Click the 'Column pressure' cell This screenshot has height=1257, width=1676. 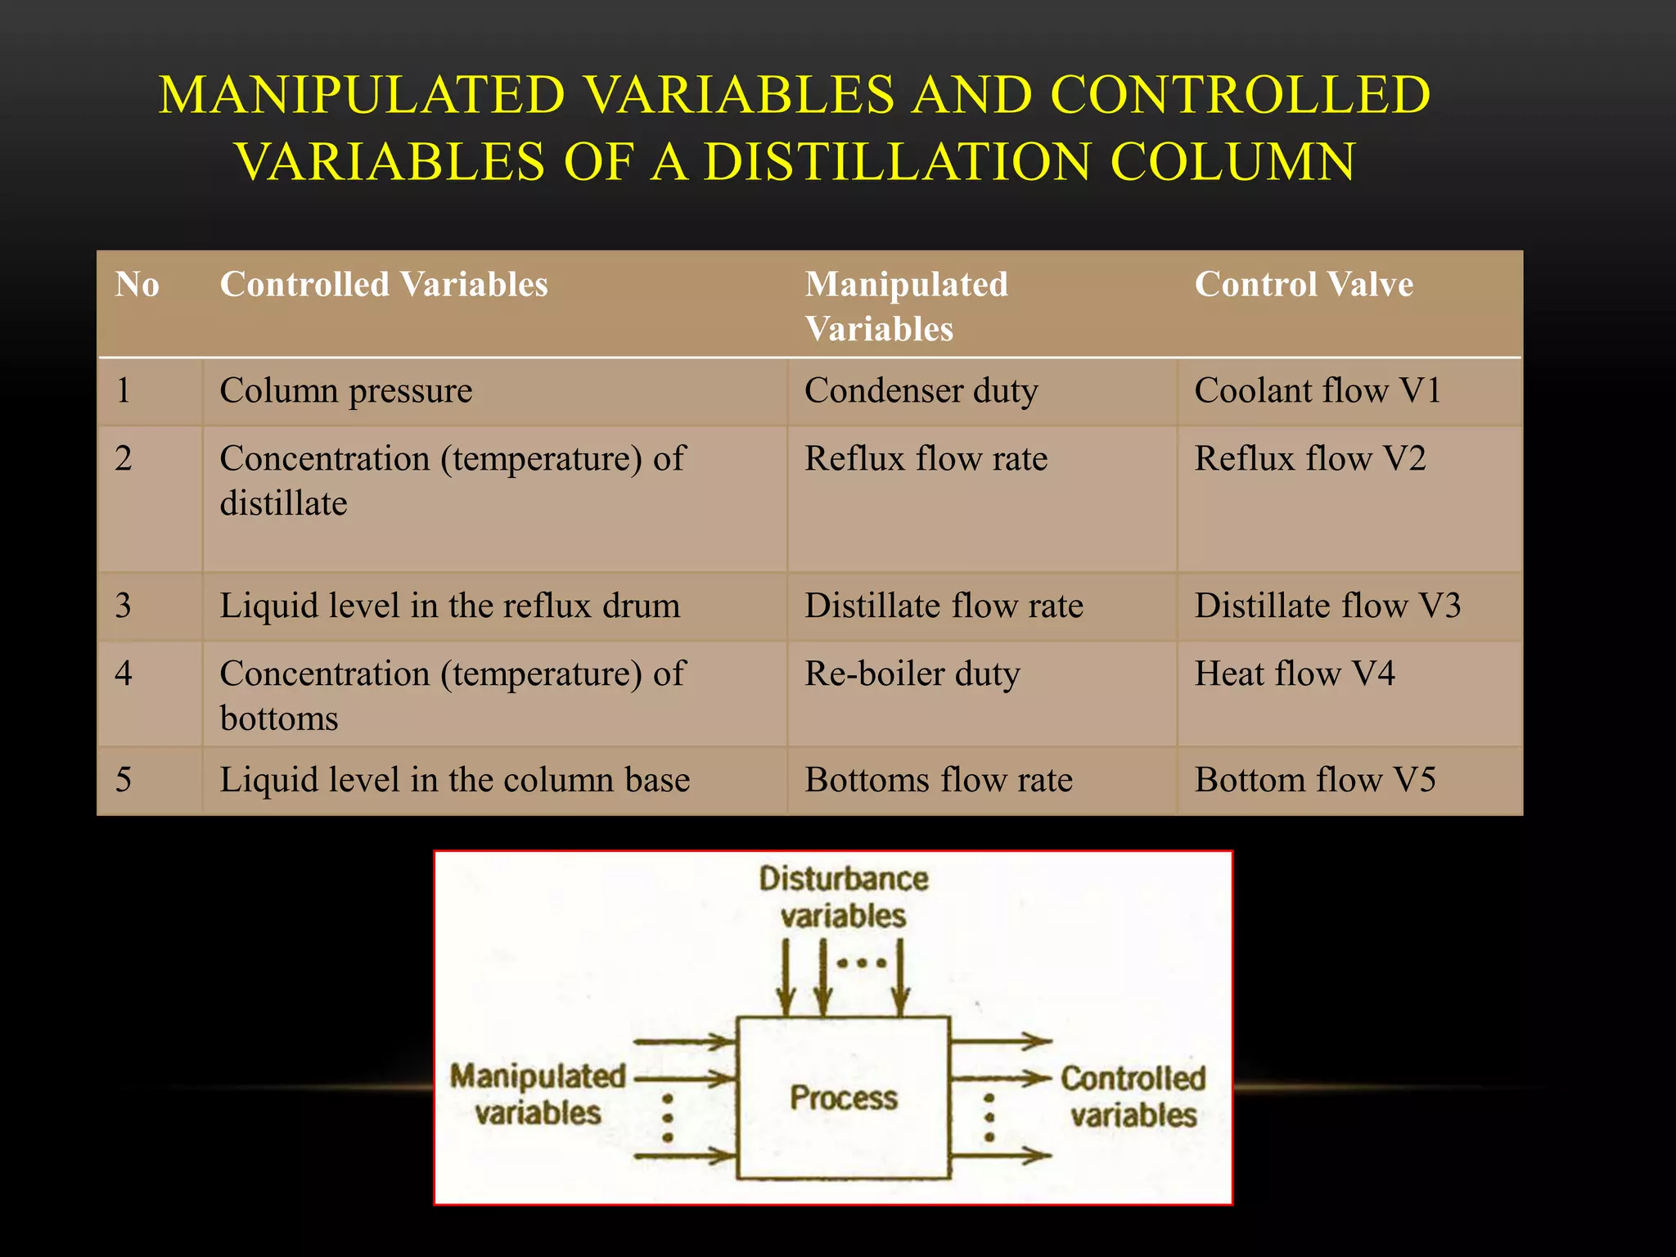click(x=346, y=391)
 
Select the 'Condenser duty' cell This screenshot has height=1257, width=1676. click(x=921, y=391)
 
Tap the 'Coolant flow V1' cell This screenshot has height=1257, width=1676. click(x=1317, y=391)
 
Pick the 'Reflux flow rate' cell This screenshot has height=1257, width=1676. click(x=926, y=459)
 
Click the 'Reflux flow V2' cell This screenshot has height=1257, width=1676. click(x=1309, y=459)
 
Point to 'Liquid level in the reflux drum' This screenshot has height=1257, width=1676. click(x=449, y=606)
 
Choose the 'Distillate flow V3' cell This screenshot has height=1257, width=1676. click(x=1327, y=606)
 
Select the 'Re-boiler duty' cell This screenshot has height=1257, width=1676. click(x=912, y=674)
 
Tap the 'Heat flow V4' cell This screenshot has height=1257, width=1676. click(x=1294, y=674)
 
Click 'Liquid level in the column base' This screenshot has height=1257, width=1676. click(x=454, y=780)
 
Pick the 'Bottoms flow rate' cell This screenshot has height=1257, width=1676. click(x=938, y=780)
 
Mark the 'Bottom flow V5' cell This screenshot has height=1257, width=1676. click(x=1314, y=780)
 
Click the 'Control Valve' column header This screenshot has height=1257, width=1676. click(x=1303, y=285)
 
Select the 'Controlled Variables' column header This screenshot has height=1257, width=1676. click(x=383, y=285)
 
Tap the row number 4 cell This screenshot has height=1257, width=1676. click(x=124, y=674)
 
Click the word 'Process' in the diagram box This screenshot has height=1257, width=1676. click(x=843, y=1098)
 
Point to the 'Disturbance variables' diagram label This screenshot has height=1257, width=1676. click(x=843, y=897)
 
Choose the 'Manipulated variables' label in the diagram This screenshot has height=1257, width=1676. click(x=538, y=1094)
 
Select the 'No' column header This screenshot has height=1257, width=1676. click(x=137, y=285)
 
